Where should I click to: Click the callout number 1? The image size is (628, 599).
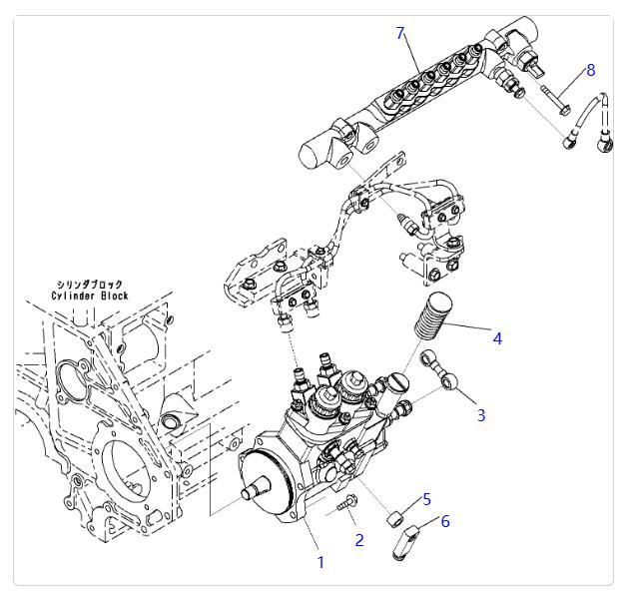[320, 563]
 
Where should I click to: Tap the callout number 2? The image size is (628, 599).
[359, 540]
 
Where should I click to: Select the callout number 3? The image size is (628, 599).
[480, 414]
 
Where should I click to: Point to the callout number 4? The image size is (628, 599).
[496, 338]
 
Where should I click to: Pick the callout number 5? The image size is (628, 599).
[426, 499]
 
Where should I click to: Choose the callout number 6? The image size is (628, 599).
[445, 521]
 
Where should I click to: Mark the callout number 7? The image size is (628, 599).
[400, 33]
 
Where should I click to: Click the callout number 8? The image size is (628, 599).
[590, 70]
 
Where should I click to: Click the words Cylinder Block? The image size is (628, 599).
[92, 297]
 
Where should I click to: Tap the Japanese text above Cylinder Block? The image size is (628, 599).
[92, 285]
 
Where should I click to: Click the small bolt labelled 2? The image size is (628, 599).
[348, 505]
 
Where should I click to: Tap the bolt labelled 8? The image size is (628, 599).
[556, 98]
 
